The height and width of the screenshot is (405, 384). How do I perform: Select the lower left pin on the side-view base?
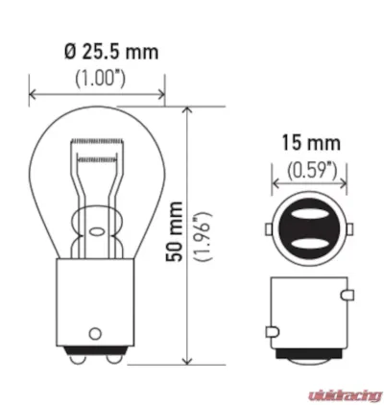click(x=270, y=333)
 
